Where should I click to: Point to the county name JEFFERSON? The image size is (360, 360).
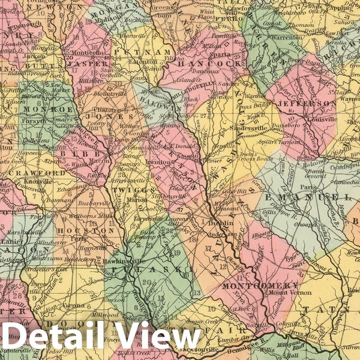tap(314, 103)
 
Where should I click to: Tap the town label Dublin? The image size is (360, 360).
tap(217, 223)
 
